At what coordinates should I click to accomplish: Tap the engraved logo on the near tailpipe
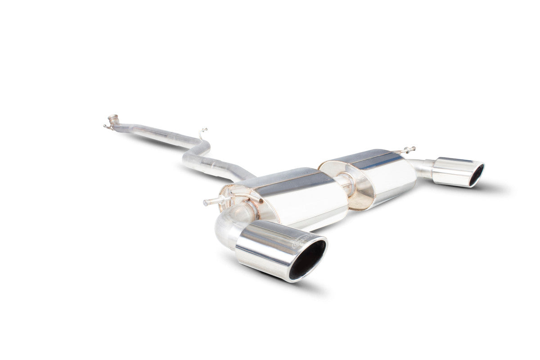click(301, 241)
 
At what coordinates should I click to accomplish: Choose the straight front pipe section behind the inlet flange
click(153, 133)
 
